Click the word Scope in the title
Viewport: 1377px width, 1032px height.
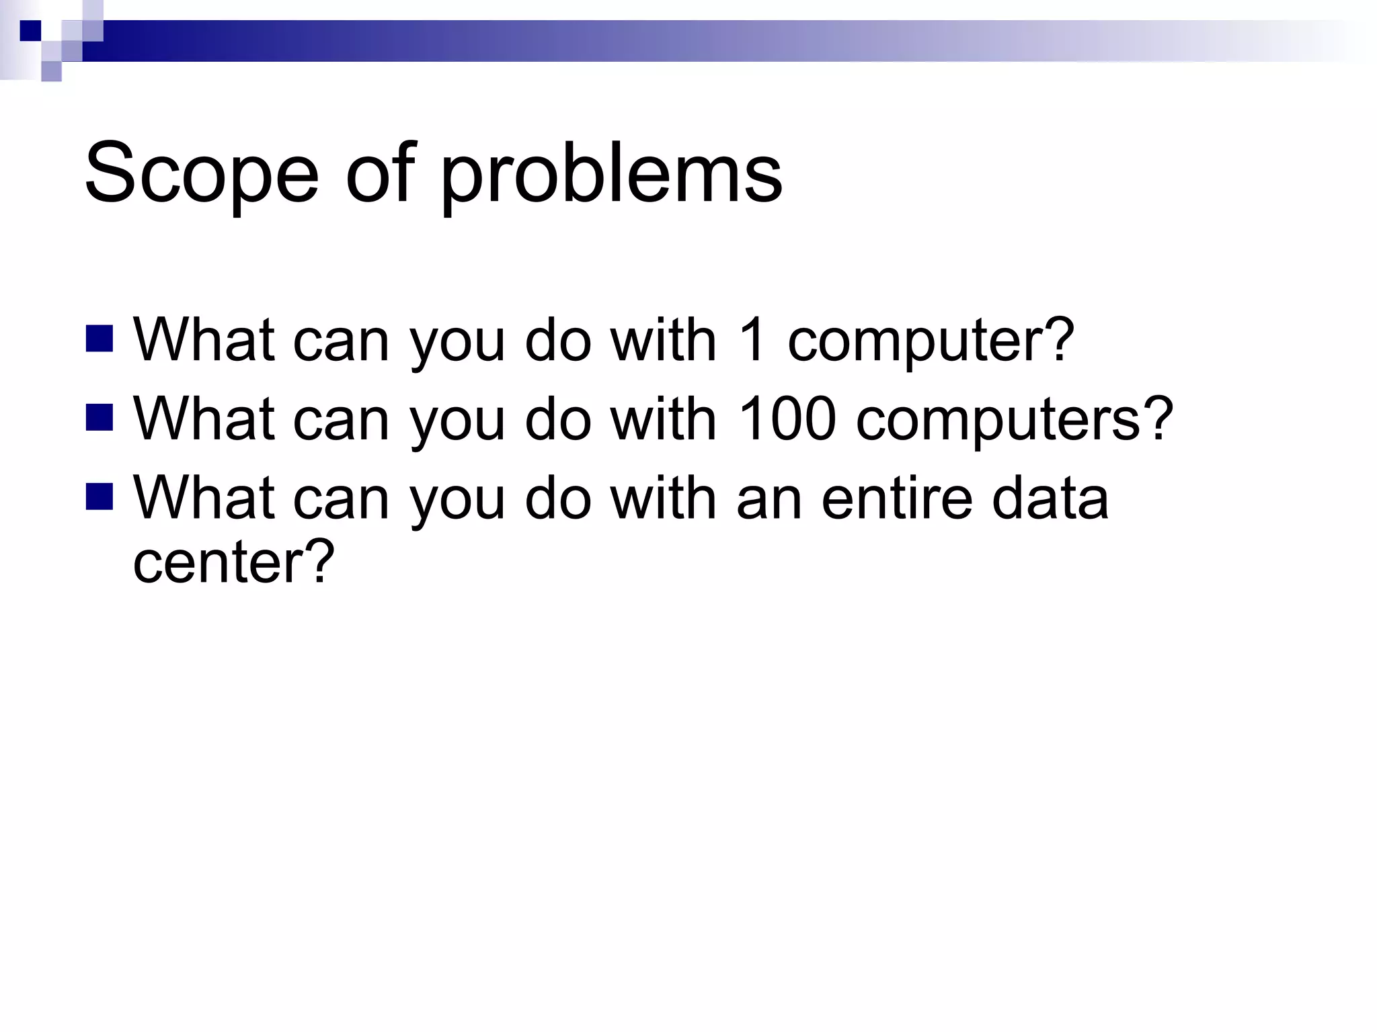point(201,173)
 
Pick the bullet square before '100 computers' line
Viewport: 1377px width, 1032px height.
point(100,417)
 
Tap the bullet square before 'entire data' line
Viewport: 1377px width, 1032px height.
point(100,497)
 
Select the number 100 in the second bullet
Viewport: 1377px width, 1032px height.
point(787,419)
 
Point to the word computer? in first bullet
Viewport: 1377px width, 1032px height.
point(931,341)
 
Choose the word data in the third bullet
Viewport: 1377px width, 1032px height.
point(1050,498)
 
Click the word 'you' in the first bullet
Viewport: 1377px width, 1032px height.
point(457,343)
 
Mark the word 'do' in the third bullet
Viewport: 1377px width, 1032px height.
point(557,498)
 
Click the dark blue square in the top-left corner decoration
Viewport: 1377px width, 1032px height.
point(30,31)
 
